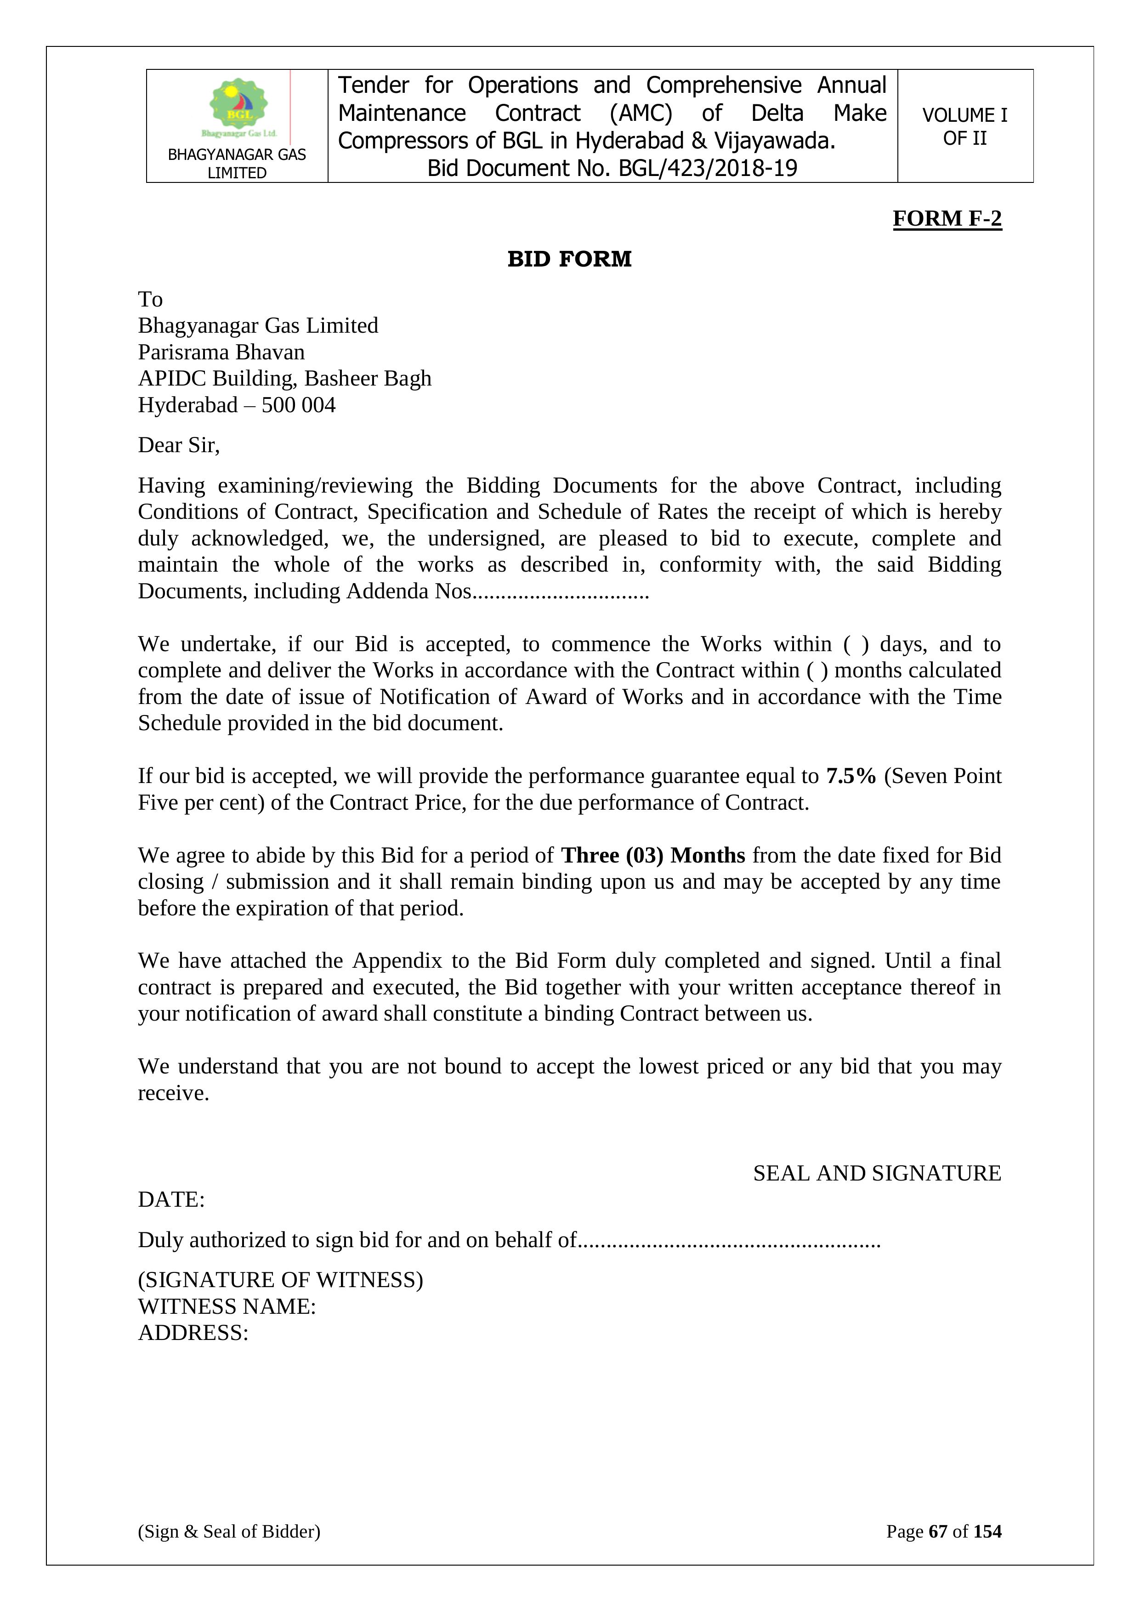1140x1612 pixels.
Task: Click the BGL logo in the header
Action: point(238,106)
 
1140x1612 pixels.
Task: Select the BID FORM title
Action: point(569,259)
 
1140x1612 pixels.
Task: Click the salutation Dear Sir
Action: point(178,445)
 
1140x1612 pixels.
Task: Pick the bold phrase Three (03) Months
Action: point(653,855)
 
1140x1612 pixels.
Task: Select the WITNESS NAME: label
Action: point(227,1306)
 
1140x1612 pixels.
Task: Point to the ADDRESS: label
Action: point(193,1333)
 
